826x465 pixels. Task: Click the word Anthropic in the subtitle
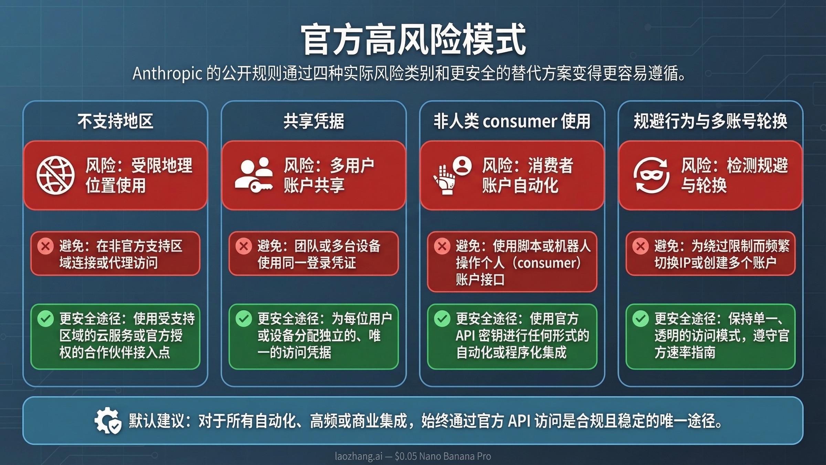[x=167, y=73]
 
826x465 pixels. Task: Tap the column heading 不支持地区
[x=115, y=121]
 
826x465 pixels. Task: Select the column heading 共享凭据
[x=314, y=121]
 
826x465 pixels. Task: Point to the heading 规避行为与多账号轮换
[x=710, y=121]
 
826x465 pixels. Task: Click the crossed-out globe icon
[x=55, y=175]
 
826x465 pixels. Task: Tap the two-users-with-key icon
[x=254, y=175]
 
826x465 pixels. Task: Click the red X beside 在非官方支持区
[x=45, y=246]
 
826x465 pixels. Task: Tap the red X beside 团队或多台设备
[x=244, y=246]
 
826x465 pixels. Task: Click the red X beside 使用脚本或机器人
[x=442, y=246]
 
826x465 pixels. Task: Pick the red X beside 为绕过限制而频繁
[x=640, y=246]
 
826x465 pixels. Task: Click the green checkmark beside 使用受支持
[x=45, y=319]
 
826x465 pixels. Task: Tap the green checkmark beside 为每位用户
[x=244, y=319]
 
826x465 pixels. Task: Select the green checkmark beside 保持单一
[x=640, y=319]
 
